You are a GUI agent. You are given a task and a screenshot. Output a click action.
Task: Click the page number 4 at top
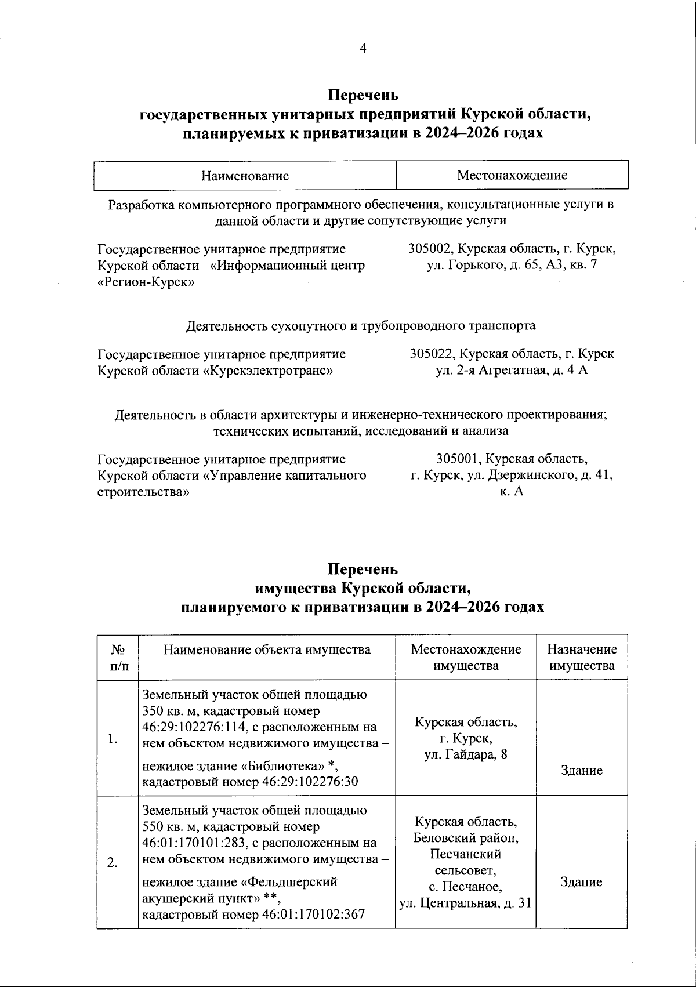pos(362,49)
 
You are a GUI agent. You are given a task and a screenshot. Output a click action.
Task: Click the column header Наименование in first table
pos(245,175)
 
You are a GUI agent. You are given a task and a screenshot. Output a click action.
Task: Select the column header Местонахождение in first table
pos(512,175)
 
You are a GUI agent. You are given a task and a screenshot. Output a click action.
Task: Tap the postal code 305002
pos(430,249)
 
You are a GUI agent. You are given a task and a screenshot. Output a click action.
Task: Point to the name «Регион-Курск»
pos(146,282)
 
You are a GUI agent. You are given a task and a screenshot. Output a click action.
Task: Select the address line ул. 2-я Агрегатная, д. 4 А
pos(512,370)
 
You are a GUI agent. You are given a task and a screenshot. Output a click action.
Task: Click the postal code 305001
pos(458,459)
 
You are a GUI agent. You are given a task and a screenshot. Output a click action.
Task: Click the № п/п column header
pos(118,657)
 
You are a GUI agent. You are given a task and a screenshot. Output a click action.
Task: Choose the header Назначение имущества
pos(582,657)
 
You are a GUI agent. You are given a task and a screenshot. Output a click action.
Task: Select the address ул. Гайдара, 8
pos(466,754)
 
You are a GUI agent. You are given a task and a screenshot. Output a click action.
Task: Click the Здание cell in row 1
pos(581,770)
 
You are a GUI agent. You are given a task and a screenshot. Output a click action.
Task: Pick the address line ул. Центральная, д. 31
pos(466,903)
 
